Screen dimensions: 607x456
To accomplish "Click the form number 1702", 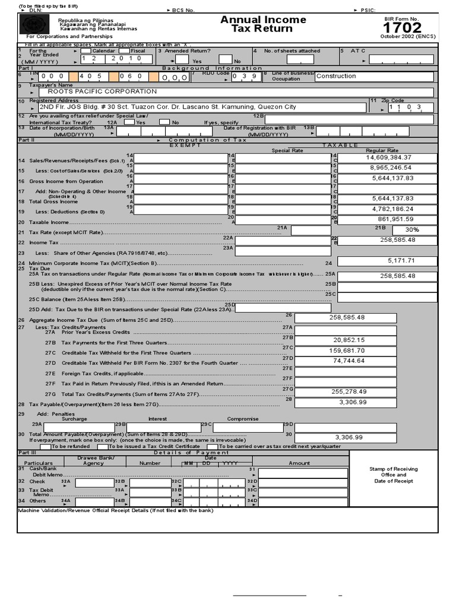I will [x=402, y=28].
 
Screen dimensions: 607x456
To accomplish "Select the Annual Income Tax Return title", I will [x=263, y=24].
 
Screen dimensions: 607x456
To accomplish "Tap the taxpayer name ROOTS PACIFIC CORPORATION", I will [x=102, y=92].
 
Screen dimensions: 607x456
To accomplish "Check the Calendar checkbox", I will [x=85, y=51].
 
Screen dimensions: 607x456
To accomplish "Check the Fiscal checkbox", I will [x=124, y=51].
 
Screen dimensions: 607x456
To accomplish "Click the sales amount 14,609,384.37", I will [x=389, y=158].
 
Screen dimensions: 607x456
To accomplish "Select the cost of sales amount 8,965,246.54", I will [x=389, y=168].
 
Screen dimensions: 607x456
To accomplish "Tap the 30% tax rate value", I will [x=412, y=229].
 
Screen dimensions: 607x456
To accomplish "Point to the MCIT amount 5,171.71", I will [x=401, y=260].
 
